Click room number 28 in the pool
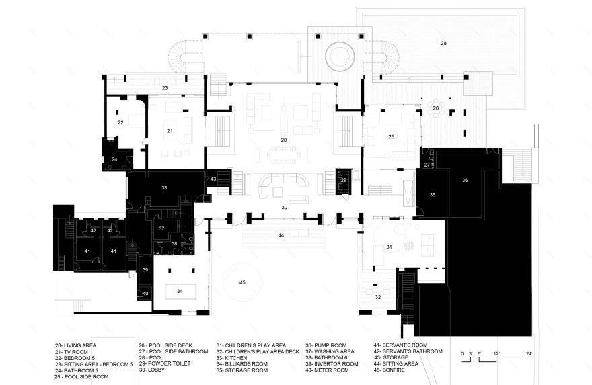pyautogui.click(x=443, y=44)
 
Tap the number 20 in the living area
pyautogui.click(x=284, y=140)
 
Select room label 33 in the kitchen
pyautogui.click(x=164, y=187)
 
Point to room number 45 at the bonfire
pyautogui.click(x=242, y=282)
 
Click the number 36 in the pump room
pyautogui.click(x=465, y=180)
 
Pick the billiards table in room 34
pyautogui.click(x=180, y=291)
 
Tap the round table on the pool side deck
pyautogui.click(x=436, y=108)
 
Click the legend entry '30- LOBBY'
pyautogui.click(x=152, y=370)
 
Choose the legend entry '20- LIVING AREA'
pyautogui.click(x=75, y=345)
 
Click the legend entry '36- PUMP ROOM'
pyautogui.click(x=326, y=345)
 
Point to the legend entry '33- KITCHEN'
pyautogui.click(x=232, y=358)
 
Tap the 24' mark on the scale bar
pyautogui.click(x=529, y=353)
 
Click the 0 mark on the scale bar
pyautogui.click(x=462, y=353)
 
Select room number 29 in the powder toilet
pyautogui.click(x=344, y=180)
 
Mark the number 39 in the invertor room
pyautogui.click(x=145, y=270)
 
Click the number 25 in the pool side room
pyautogui.click(x=391, y=136)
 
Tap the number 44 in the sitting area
pyautogui.click(x=281, y=235)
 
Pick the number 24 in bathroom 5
pyautogui.click(x=114, y=159)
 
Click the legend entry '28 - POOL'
pyautogui.click(x=151, y=357)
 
